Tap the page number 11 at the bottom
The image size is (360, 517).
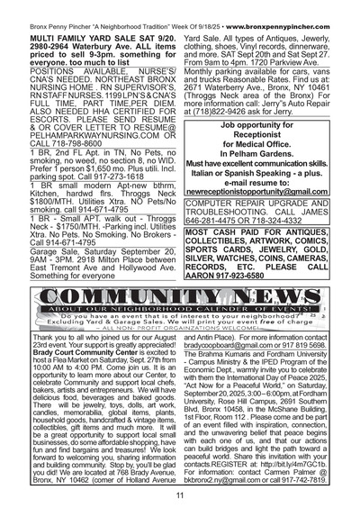(x=180, y=494)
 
